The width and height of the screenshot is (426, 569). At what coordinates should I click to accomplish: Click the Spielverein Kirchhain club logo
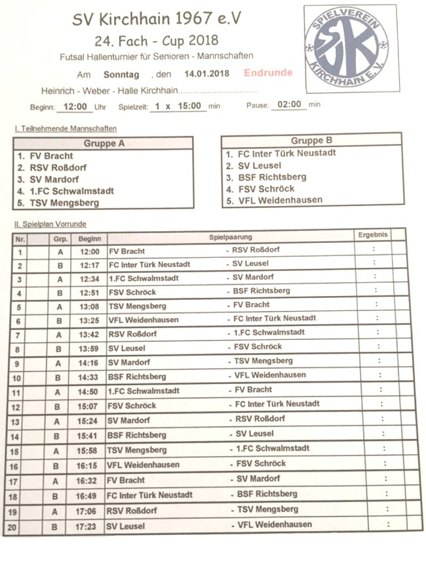tap(350, 47)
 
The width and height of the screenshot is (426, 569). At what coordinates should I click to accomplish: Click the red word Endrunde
tap(268, 73)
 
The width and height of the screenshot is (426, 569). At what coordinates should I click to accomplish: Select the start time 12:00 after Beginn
tap(74, 106)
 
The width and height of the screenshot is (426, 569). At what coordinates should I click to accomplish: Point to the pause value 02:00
tap(289, 104)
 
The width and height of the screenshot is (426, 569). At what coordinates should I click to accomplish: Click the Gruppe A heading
tap(104, 143)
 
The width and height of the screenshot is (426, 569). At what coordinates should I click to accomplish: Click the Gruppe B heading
tap(311, 140)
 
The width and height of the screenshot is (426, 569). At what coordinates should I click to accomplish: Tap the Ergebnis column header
tap(373, 234)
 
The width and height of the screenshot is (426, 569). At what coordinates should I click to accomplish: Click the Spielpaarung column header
tap(231, 236)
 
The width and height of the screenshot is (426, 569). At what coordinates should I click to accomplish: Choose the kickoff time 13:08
tap(90, 306)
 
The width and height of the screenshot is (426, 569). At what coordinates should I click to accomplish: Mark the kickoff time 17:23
tap(90, 526)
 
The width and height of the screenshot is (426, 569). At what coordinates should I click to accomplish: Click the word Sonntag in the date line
tap(122, 74)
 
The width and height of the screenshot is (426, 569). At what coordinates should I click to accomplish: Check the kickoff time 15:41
tap(90, 435)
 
